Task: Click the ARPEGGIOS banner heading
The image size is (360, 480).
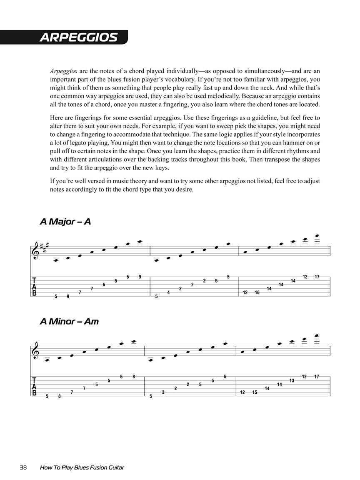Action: click(78, 37)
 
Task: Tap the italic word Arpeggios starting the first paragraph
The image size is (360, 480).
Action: click(63, 71)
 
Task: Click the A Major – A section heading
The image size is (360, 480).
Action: click(65, 222)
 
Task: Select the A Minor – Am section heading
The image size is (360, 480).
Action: click(69, 322)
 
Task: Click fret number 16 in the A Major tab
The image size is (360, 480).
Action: click(257, 292)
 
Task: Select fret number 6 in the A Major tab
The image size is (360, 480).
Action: click(104, 285)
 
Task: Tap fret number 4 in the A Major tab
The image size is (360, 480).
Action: click(168, 292)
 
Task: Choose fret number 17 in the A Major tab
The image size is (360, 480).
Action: click(317, 277)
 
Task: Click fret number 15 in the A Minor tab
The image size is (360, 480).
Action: click(255, 392)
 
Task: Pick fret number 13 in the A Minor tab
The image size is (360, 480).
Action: click(292, 381)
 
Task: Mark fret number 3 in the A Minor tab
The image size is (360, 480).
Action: click(163, 392)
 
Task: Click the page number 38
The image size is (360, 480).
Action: click(23, 467)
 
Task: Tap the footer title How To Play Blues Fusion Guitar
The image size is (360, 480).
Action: click(82, 467)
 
